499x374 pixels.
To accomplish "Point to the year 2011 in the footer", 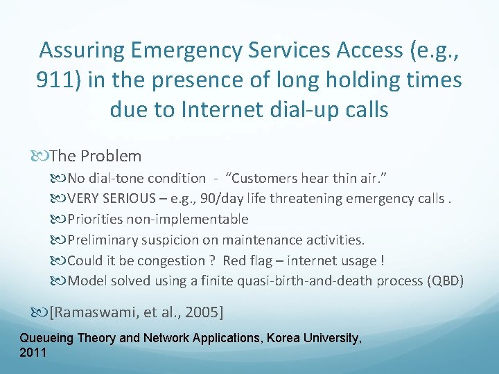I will coord(33,353).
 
